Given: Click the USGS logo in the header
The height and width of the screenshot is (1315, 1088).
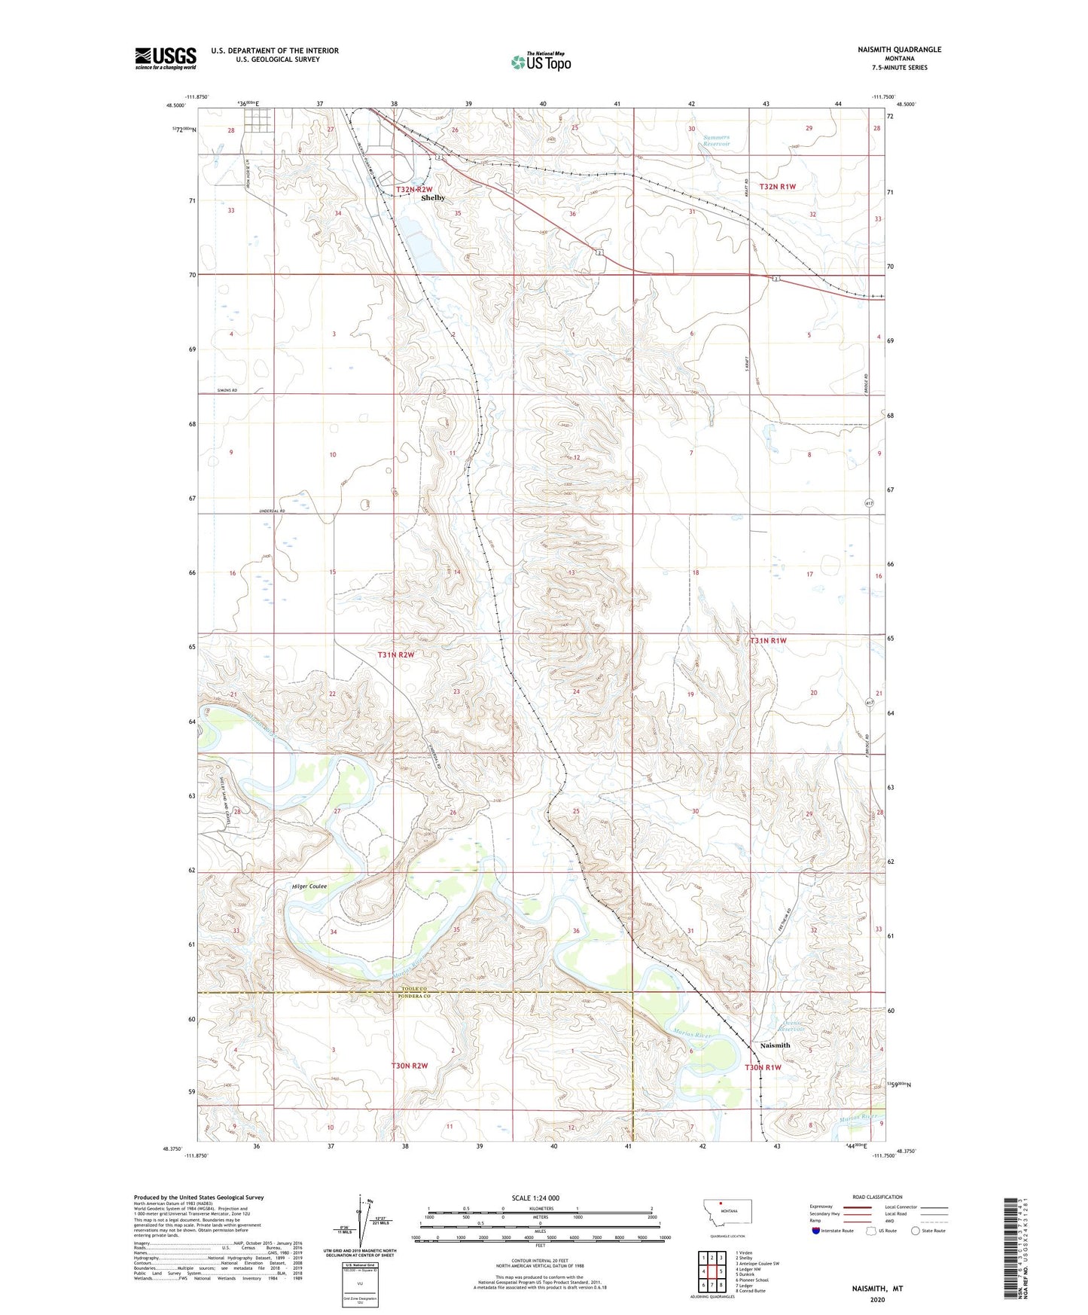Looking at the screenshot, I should pos(166,58).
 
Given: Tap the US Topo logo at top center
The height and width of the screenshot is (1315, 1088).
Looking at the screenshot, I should pos(541,62).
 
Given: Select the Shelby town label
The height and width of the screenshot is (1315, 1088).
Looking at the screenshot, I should pos(433,198).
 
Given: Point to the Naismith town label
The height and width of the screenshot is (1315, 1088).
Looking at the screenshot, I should pos(775,1045).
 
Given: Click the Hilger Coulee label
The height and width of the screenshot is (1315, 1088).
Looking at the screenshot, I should pos(309,886).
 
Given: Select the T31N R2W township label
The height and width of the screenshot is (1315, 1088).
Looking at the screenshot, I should pos(396,655).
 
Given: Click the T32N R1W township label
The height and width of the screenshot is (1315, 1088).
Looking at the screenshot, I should pos(777,187).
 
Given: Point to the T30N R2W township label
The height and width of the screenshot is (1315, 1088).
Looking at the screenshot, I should pos(410,1066).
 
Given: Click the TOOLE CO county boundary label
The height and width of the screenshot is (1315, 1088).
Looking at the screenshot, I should pos(413,989).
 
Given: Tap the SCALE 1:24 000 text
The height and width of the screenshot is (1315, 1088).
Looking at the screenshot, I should pos(535,1198).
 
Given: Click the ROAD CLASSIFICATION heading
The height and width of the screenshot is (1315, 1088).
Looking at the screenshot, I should pos(877,1197).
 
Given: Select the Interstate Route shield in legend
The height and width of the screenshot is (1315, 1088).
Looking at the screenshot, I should pos(818,1231).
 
